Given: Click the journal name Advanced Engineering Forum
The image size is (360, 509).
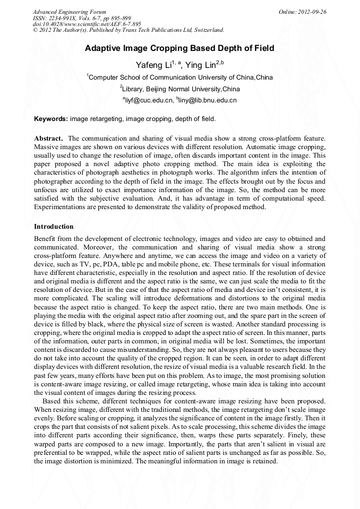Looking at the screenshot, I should coord(70,12).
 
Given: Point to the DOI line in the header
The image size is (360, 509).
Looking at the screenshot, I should coord(87,24).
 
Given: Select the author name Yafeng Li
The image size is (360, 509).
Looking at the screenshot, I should coord(154,65).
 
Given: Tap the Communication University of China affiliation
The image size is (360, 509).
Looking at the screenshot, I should coord(181,77).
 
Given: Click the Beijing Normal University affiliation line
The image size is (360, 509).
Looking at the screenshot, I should coord(181,89).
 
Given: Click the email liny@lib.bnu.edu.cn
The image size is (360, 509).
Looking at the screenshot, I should coord(208,100).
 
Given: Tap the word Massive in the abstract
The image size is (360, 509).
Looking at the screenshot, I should coord(46,146).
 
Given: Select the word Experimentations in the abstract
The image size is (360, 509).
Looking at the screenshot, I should coord(59,207).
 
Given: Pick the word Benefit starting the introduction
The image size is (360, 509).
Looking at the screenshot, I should coord(45,239).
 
